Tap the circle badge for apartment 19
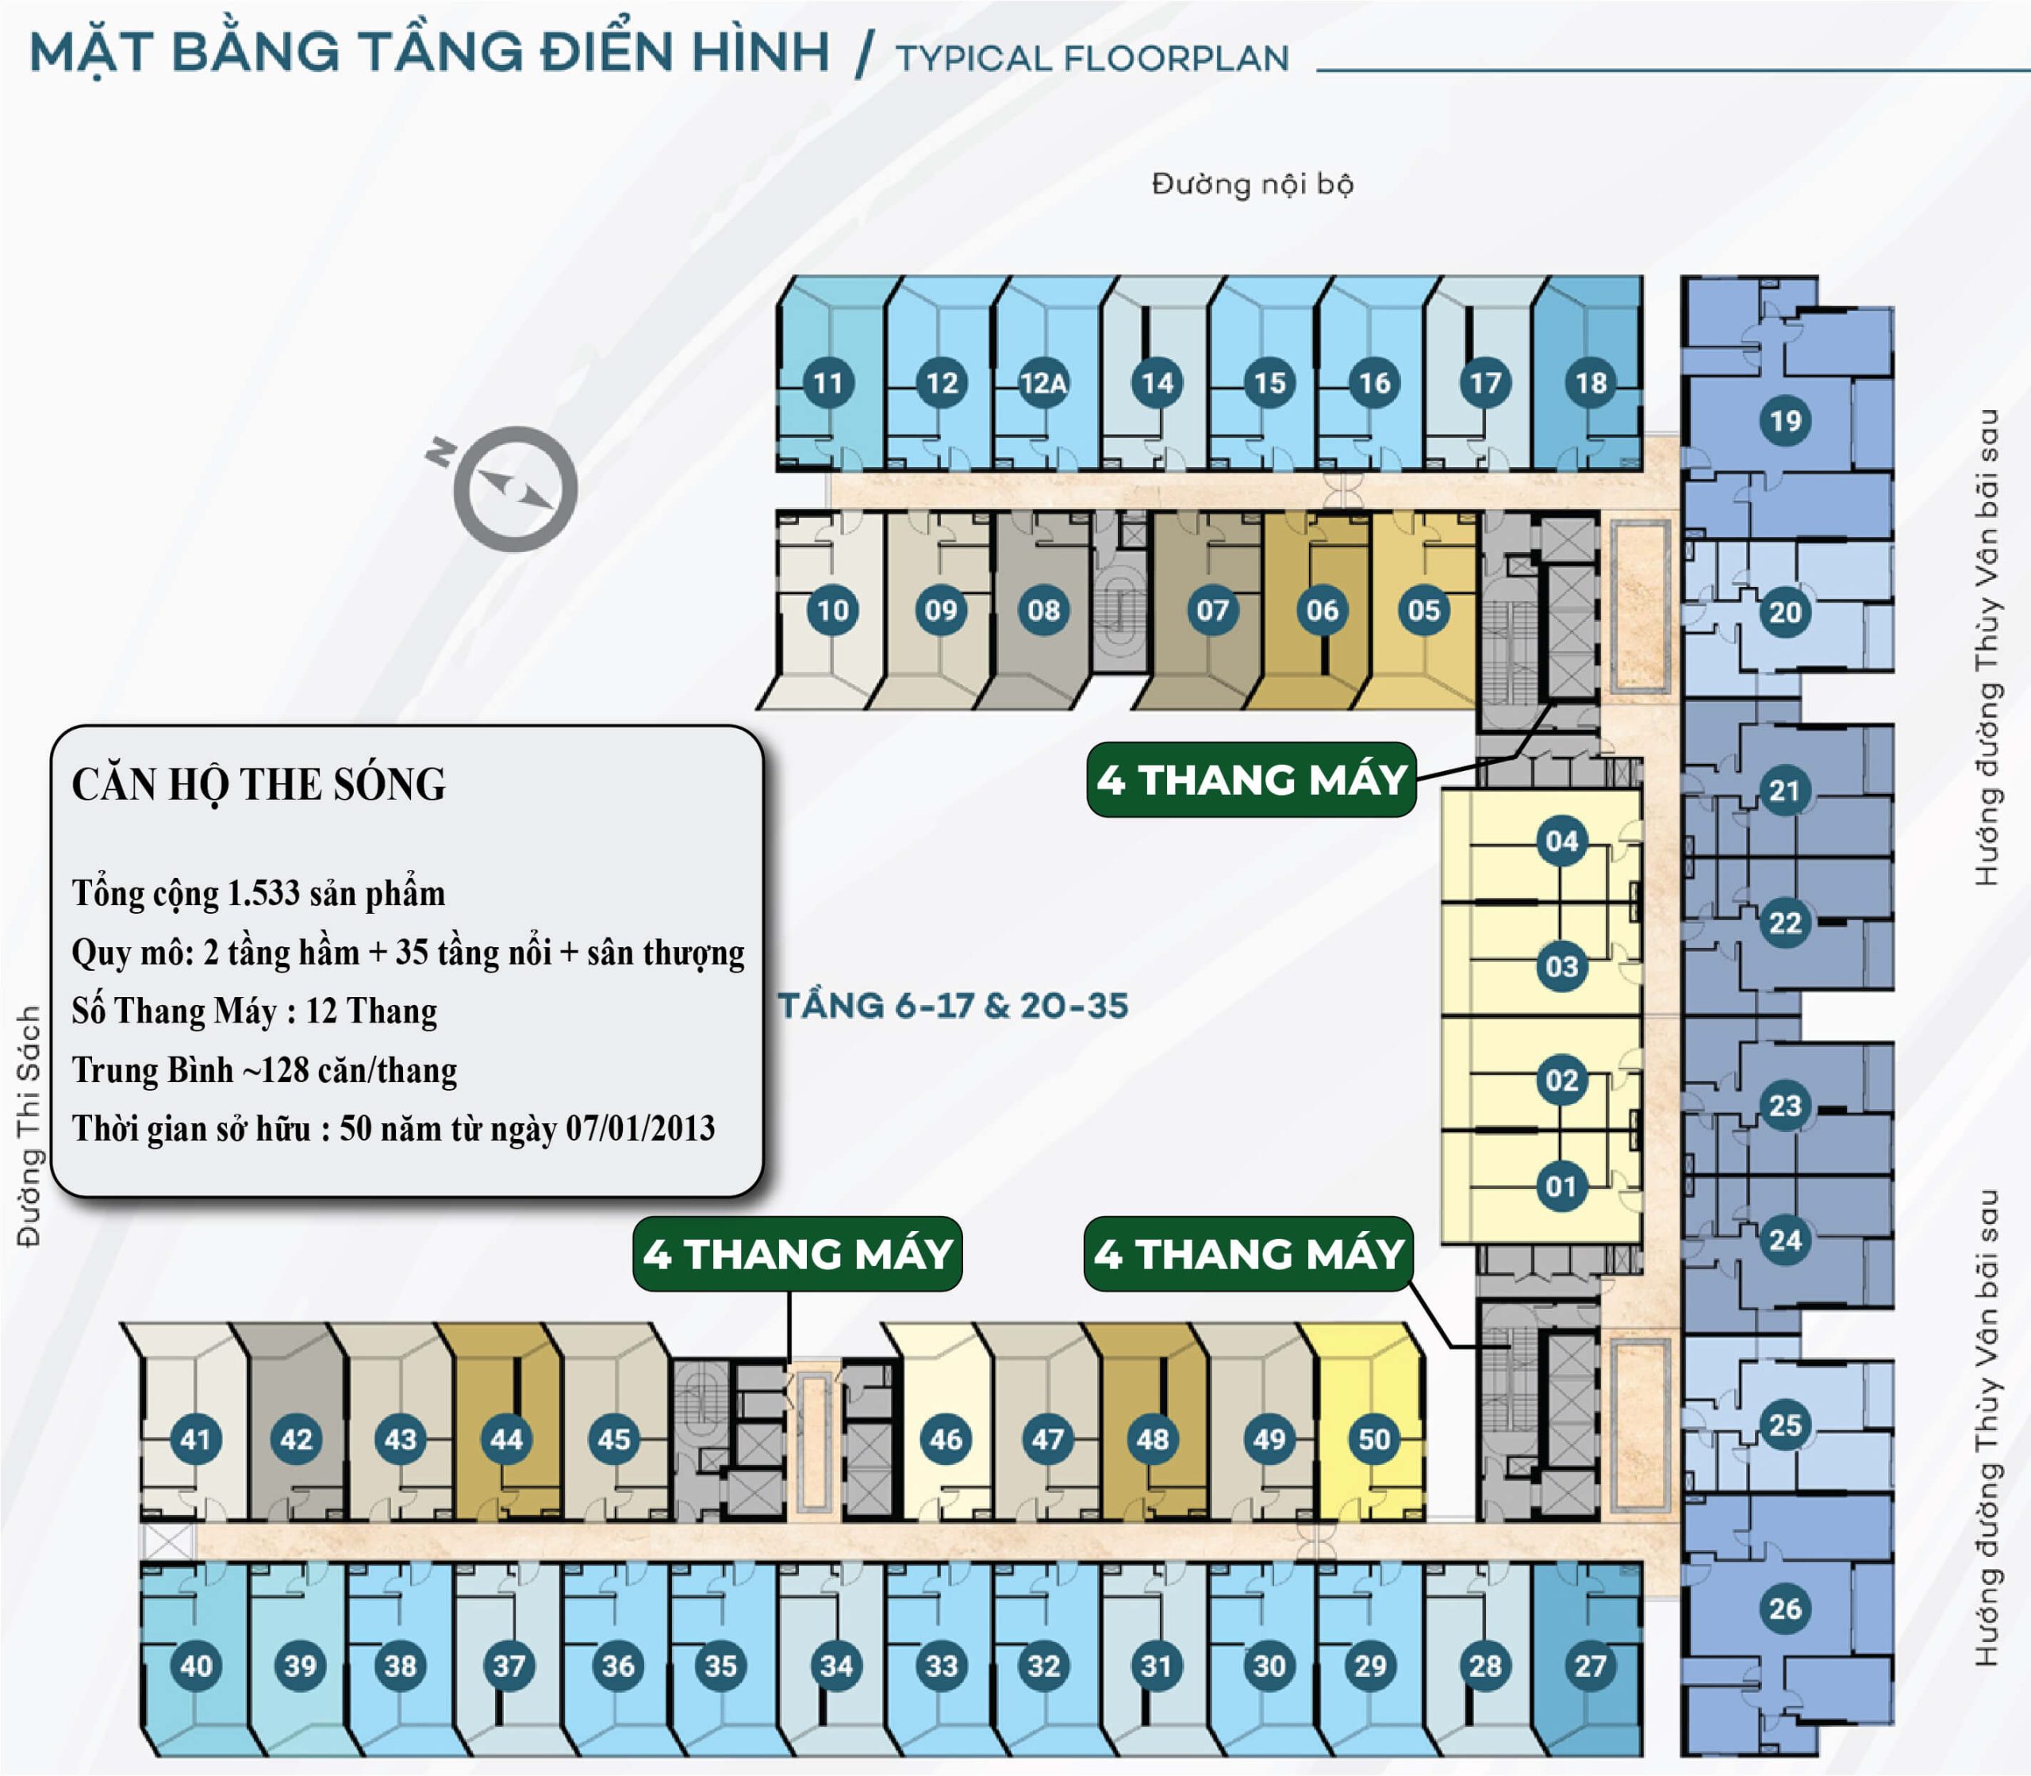(x=1785, y=420)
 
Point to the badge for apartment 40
(x=195, y=1665)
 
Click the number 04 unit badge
(x=1561, y=842)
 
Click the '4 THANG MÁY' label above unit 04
(x=1251, y=780)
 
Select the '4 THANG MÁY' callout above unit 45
(x=797, y=1254)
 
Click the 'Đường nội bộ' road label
(x=1252, y=184)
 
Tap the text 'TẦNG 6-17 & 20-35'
(x=953, y=1006)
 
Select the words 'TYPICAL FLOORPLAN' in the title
(x=1092, y=59)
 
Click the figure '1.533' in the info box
(x=263, y=893)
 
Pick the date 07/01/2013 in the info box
(x=640, y=1128)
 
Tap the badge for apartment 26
(x=1785, y=1608)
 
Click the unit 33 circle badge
(x=941, y=1665)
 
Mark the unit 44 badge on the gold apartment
(x=505, y=1439)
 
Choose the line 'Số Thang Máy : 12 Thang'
(x=254, y=1011)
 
